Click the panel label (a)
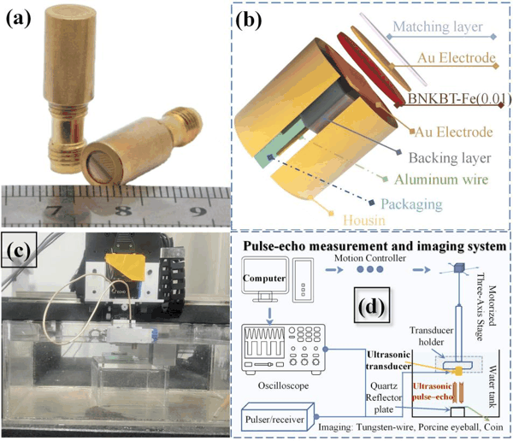tap(19, 20)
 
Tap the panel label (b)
tap(249, 21)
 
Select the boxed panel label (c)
tap(19, 250)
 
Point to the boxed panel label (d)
tap(372, 305)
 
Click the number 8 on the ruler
tap(124, 210)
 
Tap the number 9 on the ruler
tap(198, 211)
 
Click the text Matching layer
tap(438, 26)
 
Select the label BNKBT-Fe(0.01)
tap(459, 99)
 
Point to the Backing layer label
tap(450, 158)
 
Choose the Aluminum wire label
tap(441, 179)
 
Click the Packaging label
tap(411, 204)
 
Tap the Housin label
tap(364, 220)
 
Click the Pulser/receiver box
tap(274, 420)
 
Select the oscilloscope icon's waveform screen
tap(264, 342)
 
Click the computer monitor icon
tap(265, 279)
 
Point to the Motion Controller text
tap(370, 258)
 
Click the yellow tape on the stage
tap(126, 267)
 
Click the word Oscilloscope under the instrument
tap(283, 385)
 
